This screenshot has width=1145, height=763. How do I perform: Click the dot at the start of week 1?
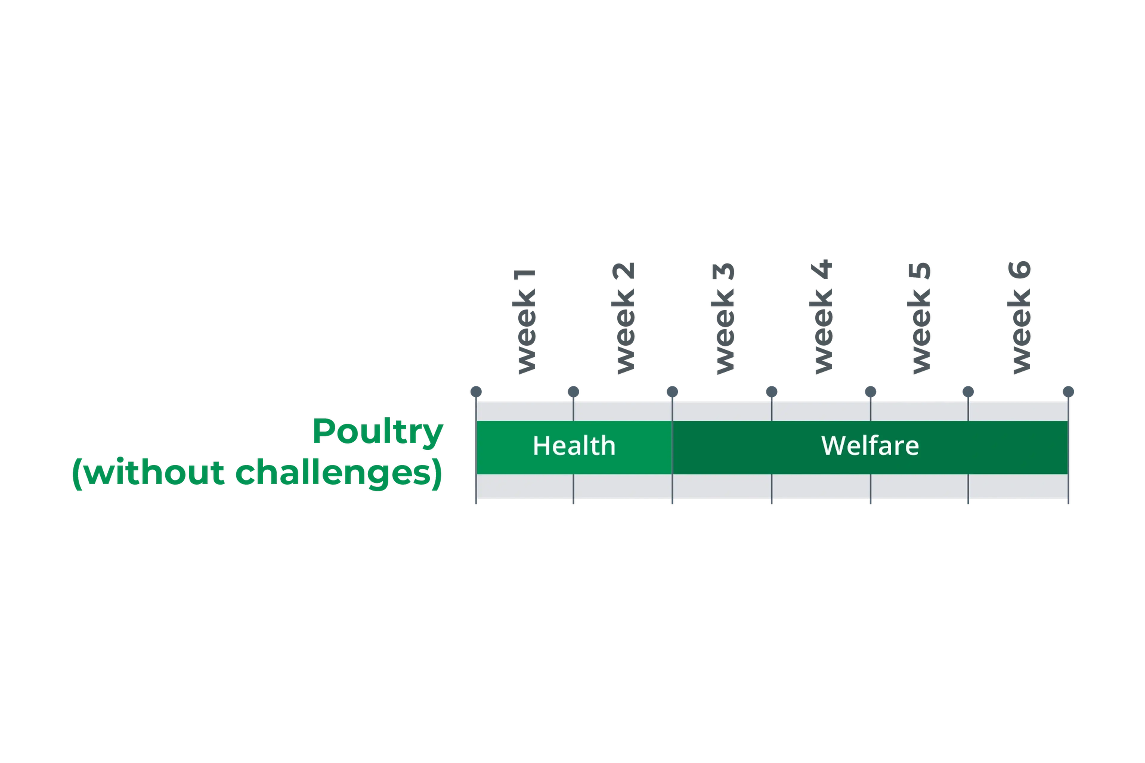[x=476, y=392]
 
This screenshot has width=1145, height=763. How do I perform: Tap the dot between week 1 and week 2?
[x=573, y=392]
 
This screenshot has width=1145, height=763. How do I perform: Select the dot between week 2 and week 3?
[x=672, y=392]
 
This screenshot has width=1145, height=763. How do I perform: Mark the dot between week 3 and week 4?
[x=772, y=392]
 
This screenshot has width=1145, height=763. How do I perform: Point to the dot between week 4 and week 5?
[x=870, y=392]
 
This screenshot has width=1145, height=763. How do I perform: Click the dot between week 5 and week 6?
[x=968, y=392]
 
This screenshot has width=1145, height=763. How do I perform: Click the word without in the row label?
[x=154, y=472]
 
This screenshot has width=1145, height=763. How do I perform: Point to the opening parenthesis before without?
[x=77, y=474]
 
